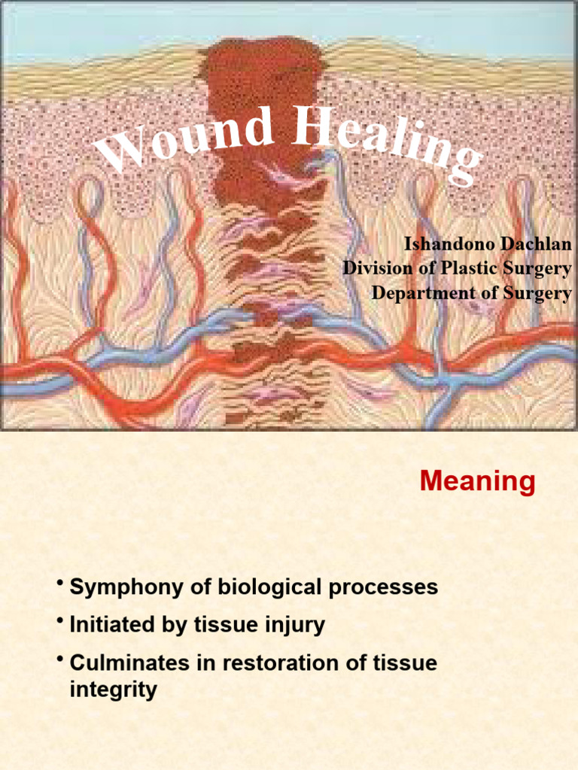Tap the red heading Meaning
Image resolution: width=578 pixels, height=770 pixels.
point(477,481)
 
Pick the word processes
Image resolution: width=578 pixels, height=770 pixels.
point(384,587)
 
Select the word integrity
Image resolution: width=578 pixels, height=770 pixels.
point(113,689)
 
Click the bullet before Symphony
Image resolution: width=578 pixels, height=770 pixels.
point(59,584)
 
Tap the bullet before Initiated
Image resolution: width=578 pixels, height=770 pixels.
point(59,621)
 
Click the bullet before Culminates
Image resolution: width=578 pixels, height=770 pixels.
point(59,659)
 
